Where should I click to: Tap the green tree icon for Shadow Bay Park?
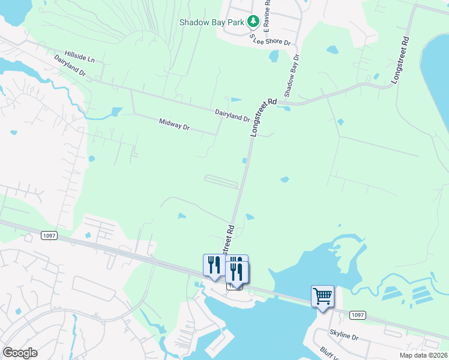coord(253,22)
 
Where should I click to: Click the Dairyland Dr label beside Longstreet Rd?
coord(232,115)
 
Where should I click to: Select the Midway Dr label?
coord(174,125)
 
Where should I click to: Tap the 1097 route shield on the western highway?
coord(49,236)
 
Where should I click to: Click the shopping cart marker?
coord(322,296)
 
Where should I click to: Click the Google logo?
coord(20,353)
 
